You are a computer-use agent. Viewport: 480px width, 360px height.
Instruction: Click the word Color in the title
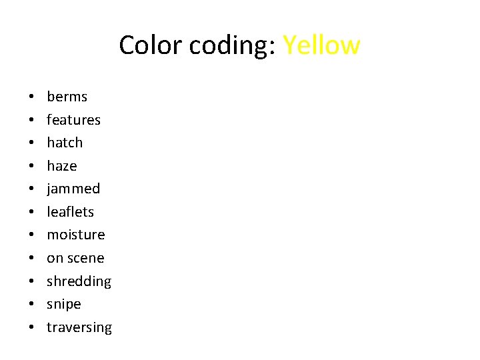click(151, 45)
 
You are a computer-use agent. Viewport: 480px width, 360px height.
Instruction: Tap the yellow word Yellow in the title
click(321, 45)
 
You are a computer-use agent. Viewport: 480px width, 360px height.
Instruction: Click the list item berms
click(67, 97)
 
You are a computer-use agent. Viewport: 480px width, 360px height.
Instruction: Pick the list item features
click(73, 120)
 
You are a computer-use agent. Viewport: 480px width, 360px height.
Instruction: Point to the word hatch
click(65, 143)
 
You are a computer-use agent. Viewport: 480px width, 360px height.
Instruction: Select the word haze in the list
click(61, 166)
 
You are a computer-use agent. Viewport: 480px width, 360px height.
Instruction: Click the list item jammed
click(73, 189)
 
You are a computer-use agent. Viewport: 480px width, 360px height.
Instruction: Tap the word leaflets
click(70, 212)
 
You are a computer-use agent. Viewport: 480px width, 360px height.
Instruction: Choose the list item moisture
click(75, 235)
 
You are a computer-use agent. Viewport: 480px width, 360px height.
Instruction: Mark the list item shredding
click(79, 281)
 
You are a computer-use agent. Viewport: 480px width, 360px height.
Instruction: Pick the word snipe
click(63, 304)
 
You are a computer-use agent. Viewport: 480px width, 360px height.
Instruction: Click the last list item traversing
click(79, 327)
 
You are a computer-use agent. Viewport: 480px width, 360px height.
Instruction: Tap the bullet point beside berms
click(32, 97)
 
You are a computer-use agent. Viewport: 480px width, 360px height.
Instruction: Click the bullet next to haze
click(32, 167)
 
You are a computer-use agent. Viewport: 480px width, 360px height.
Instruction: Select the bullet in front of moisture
click(32, 235)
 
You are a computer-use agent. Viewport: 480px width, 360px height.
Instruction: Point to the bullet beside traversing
click(32, 328)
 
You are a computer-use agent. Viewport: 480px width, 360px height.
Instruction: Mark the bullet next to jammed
click(32, 189)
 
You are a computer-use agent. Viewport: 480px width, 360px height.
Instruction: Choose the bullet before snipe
click(32, 305)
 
